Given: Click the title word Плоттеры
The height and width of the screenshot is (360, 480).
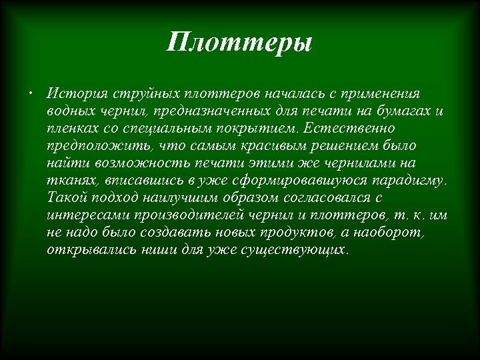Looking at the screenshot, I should [x=239, y=45].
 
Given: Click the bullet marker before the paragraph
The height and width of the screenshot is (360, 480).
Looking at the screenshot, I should [x=31, y=91].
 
